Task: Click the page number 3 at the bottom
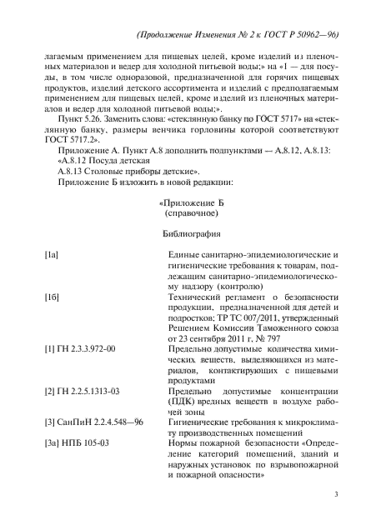(x=334, y=495)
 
